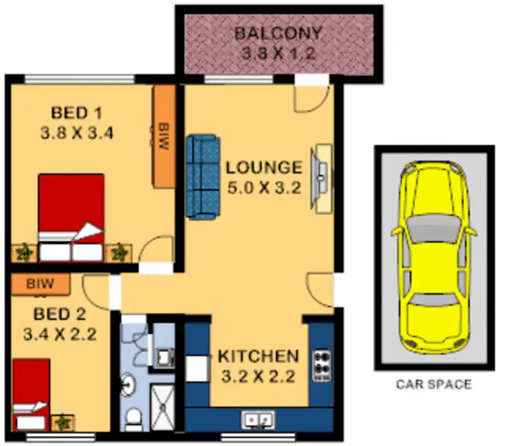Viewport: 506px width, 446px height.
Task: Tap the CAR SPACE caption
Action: coord(432,385)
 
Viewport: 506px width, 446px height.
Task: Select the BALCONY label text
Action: coord(278,33)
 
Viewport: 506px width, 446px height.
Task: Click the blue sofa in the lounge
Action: coord(202,176)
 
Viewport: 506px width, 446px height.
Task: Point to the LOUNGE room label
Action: coord(264,167)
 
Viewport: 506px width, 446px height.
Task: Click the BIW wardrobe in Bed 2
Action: coord(40,283)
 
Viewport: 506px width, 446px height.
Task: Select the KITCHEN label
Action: coord(258,356)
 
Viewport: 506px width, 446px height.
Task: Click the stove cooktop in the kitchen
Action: coord(321,365)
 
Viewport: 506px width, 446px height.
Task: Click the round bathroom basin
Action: coord(128,386)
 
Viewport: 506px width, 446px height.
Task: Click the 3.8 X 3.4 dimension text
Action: coord(76,133)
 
